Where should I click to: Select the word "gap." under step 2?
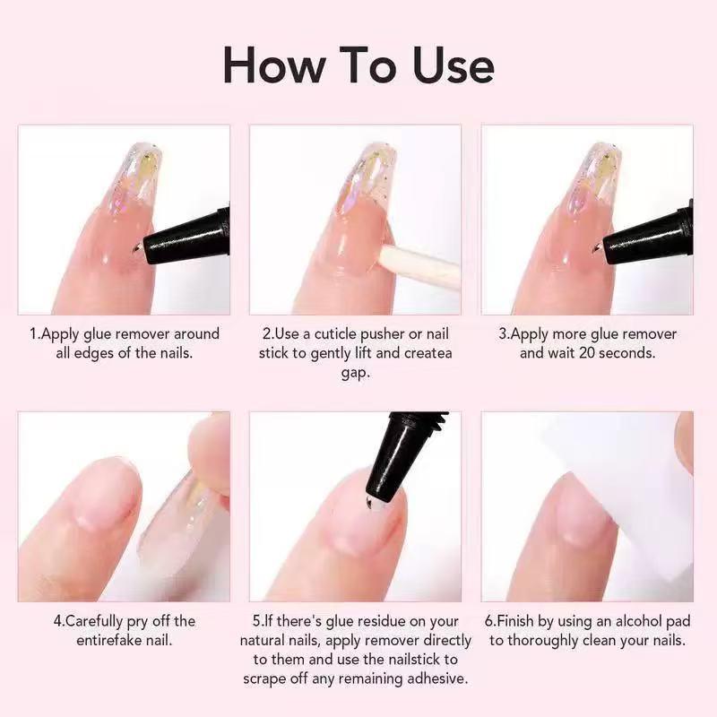click(x=355, y=371)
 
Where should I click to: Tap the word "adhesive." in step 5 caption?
click(x=435, y=678)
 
